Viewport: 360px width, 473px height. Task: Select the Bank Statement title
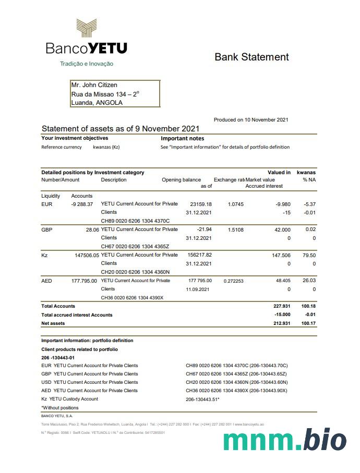coord(251,57)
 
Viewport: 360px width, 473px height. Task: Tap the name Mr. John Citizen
coord(94,85)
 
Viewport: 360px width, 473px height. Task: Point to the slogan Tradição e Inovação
coord(87,64)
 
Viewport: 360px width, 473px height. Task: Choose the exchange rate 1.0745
coord(236,204)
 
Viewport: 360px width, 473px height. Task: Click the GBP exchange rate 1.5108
coord(236,229)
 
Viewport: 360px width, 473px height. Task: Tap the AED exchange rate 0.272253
coord(234,281)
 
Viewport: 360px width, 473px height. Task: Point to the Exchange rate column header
coord(229,180)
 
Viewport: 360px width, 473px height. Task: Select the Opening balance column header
coord(181,180)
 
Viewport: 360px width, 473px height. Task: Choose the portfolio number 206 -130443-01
coord(58,357)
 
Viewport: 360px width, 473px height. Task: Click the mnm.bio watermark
coord(285,441)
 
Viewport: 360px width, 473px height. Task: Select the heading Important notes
coord(182,139)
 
